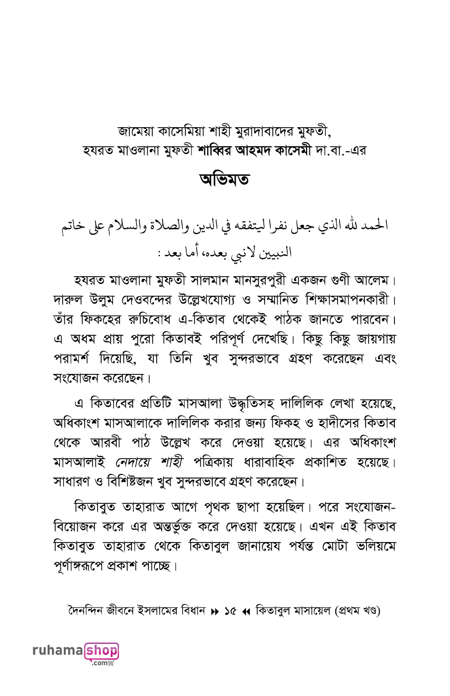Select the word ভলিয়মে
click(x=375, y=546)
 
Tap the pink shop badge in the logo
click(x=102, y=651)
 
